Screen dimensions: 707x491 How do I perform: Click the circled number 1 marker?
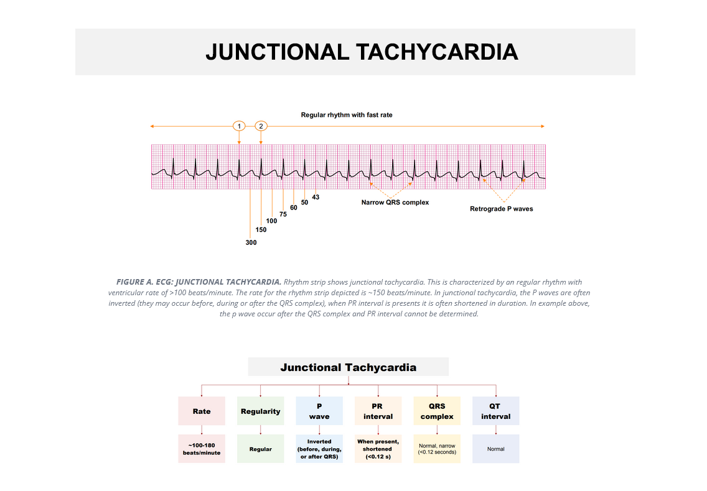(239, 126)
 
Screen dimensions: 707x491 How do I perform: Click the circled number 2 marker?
(261, 126)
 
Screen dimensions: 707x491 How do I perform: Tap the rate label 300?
(251, 242)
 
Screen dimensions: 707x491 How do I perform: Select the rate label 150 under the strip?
(261, 230)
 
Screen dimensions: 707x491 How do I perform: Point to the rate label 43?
(316, 197)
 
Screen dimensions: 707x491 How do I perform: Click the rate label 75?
(283, 214)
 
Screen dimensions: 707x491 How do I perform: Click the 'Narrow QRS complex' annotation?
(395, 203)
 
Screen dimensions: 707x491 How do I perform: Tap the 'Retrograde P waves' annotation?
(502, 209)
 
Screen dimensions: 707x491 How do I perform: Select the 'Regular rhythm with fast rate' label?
(347, 115)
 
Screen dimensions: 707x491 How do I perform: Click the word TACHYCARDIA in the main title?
(437, 52)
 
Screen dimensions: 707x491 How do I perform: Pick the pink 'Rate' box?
(202, 411)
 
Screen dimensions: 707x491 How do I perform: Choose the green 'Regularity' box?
(261, 411)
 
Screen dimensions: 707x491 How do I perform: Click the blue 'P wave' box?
(319, 411)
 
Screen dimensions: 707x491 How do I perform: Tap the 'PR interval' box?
(378, 411)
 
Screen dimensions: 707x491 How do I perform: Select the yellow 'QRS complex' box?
(437, 411)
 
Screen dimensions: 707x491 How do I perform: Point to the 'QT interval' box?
(496, 411)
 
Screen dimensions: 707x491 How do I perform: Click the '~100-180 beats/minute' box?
(202, 449)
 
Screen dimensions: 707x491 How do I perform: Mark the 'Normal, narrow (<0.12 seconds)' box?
(437, 449)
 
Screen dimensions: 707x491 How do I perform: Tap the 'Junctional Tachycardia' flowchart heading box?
(349, 367)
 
